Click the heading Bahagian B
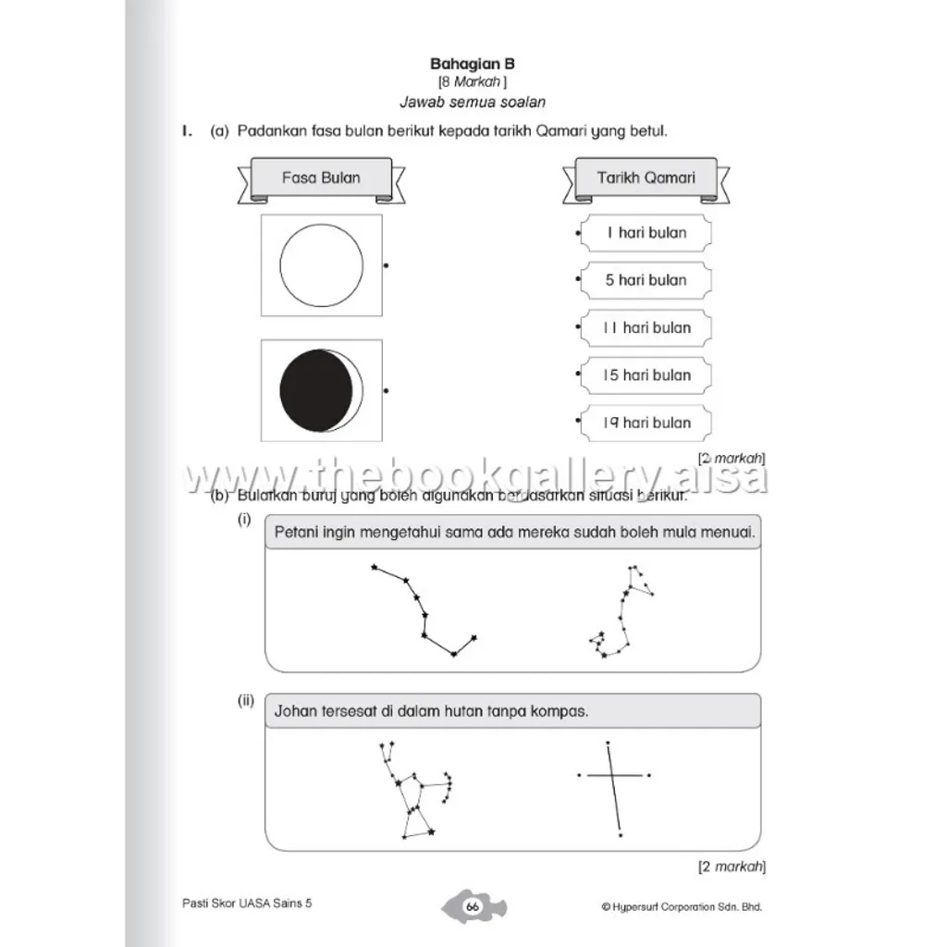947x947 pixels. [x=473, y=64]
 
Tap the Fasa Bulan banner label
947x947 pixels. [x=321, y=178]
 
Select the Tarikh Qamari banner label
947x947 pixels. [x=646, y=178]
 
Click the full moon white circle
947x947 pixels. [x=321, y=264]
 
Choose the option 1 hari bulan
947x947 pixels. [x=646, y=233]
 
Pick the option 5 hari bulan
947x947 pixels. [x=646, y=280]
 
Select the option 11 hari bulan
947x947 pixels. [x=646, y=327]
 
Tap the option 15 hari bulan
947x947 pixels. [x=646, y=375]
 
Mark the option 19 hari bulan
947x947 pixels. [x=646, y=423]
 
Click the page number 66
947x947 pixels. [x=472, y=906]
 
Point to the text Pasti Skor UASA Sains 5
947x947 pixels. [x=248, y=904]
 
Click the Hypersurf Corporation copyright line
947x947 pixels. [x=681, y=907]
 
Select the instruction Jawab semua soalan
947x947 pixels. [x=473, y=102]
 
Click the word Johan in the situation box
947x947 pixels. [x=295, y=711]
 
